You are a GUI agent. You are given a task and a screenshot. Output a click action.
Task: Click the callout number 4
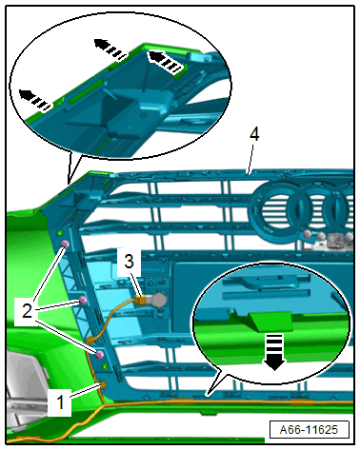coord(254,134)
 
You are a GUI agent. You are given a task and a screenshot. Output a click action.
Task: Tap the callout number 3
coord(129,262)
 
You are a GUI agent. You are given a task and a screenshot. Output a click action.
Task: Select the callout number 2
coord(27,310)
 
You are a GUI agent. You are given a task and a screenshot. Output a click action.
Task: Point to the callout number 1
coord(60,401)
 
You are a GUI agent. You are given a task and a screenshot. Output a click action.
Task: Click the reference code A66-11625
coord(309,429)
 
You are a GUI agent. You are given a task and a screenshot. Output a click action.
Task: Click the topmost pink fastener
coord(65,245)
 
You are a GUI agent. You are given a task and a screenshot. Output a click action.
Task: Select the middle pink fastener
coord(83,300)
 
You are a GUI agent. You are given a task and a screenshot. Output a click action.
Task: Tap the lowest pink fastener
coord(100,355)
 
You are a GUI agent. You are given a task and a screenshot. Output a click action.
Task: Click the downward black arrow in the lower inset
coord(274,352)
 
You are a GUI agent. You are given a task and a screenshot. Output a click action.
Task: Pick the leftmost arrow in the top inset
coord(35,100)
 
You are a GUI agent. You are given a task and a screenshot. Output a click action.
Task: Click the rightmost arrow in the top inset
coord(166,61)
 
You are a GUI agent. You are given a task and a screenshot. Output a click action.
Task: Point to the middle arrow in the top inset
coord(110,49)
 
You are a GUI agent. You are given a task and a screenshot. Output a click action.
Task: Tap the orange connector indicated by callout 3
coord(139,300)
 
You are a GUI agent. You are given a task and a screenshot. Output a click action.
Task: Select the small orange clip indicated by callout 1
coord(103,384)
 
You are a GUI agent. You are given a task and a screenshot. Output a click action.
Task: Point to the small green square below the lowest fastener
coord(106,366)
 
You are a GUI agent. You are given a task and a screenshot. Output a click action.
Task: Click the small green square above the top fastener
coord(59,233)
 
